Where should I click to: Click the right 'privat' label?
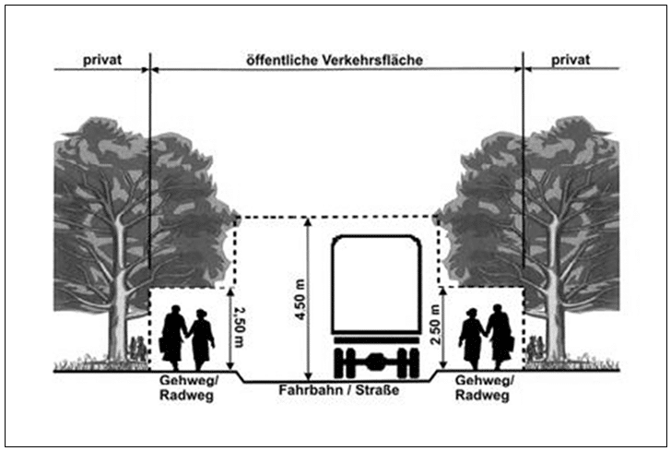pyautogui.click(x=571, y=59)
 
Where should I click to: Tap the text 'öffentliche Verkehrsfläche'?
pyautogui.click(x=335, y=59)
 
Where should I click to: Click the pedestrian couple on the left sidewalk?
pyautogui.click(x=187, y=336)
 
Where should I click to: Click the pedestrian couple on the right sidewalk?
pyautogui.click(x=486, y=336)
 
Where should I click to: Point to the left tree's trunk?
pyautogui.click(x=117, y=314)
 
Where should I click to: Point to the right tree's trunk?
pyautogui.click(x=555, y=314)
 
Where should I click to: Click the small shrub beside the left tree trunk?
pyautogui.click(x=138, y=349)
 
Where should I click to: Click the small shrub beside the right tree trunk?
pyautogui.click(x=534, y=349)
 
